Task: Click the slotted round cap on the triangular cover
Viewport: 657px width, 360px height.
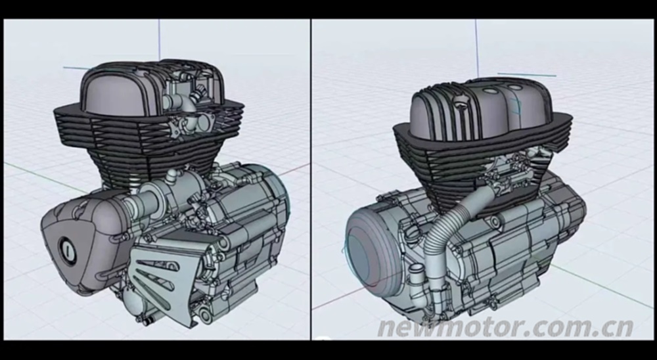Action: click(x=67, y=250)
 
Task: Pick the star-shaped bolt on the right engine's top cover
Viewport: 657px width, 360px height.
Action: click(x=461, y=100)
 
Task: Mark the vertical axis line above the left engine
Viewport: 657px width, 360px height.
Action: click(x=159, y=39)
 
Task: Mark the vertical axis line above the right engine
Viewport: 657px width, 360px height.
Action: click(x=476, y=49)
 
